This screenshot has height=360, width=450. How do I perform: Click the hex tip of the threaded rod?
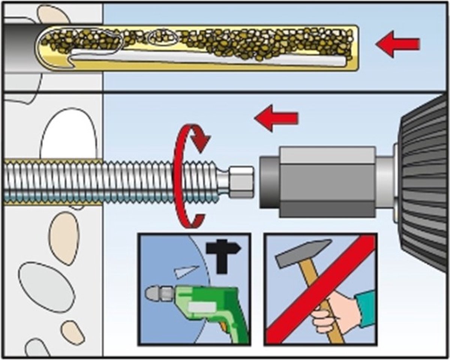241,182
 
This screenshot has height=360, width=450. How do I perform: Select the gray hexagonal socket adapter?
319,182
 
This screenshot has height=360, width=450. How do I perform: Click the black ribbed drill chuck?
426,180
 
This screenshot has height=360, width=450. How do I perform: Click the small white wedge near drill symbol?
186,271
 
